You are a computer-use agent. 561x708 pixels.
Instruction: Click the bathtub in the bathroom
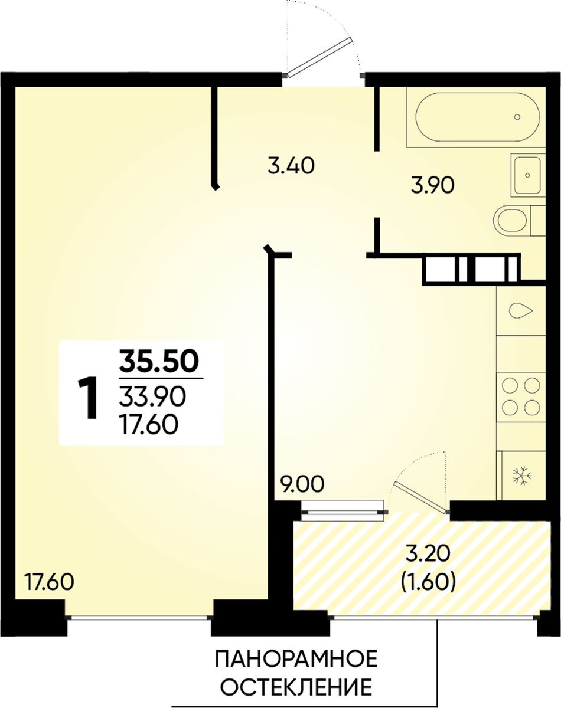477,117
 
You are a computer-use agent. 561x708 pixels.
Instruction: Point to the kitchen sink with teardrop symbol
520,310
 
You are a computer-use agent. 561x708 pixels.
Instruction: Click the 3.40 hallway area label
291,166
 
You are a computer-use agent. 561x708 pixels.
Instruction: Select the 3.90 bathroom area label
432,186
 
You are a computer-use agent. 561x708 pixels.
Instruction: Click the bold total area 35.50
159,362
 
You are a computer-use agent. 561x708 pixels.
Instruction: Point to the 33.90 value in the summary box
152,397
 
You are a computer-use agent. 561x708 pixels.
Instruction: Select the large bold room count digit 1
88,398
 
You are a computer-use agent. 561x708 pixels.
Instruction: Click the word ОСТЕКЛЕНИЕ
296,675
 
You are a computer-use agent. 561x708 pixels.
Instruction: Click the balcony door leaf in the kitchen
420,499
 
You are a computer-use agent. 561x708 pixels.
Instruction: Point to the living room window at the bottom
139,618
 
